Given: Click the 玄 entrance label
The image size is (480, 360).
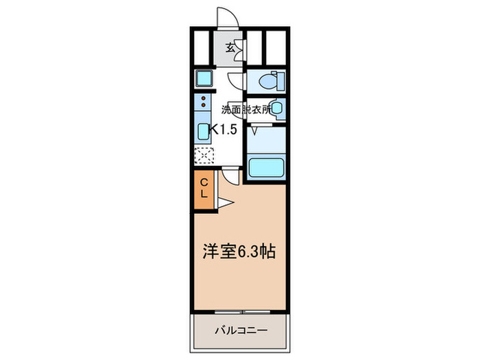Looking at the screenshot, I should click(231, 49).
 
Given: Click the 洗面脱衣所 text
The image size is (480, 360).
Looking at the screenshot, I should click(245, 108).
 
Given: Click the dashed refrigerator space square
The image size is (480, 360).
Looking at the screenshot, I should click(204, 156).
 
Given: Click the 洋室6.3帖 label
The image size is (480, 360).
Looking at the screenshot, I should click(239, 252).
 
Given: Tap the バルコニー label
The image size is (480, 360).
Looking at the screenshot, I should click(239, 330).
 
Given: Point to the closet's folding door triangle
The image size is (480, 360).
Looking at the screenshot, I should click(226, 202).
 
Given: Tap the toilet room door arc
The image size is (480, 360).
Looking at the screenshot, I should click(235, 81).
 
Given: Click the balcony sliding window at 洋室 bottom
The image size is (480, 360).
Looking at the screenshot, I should click(239, 311).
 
